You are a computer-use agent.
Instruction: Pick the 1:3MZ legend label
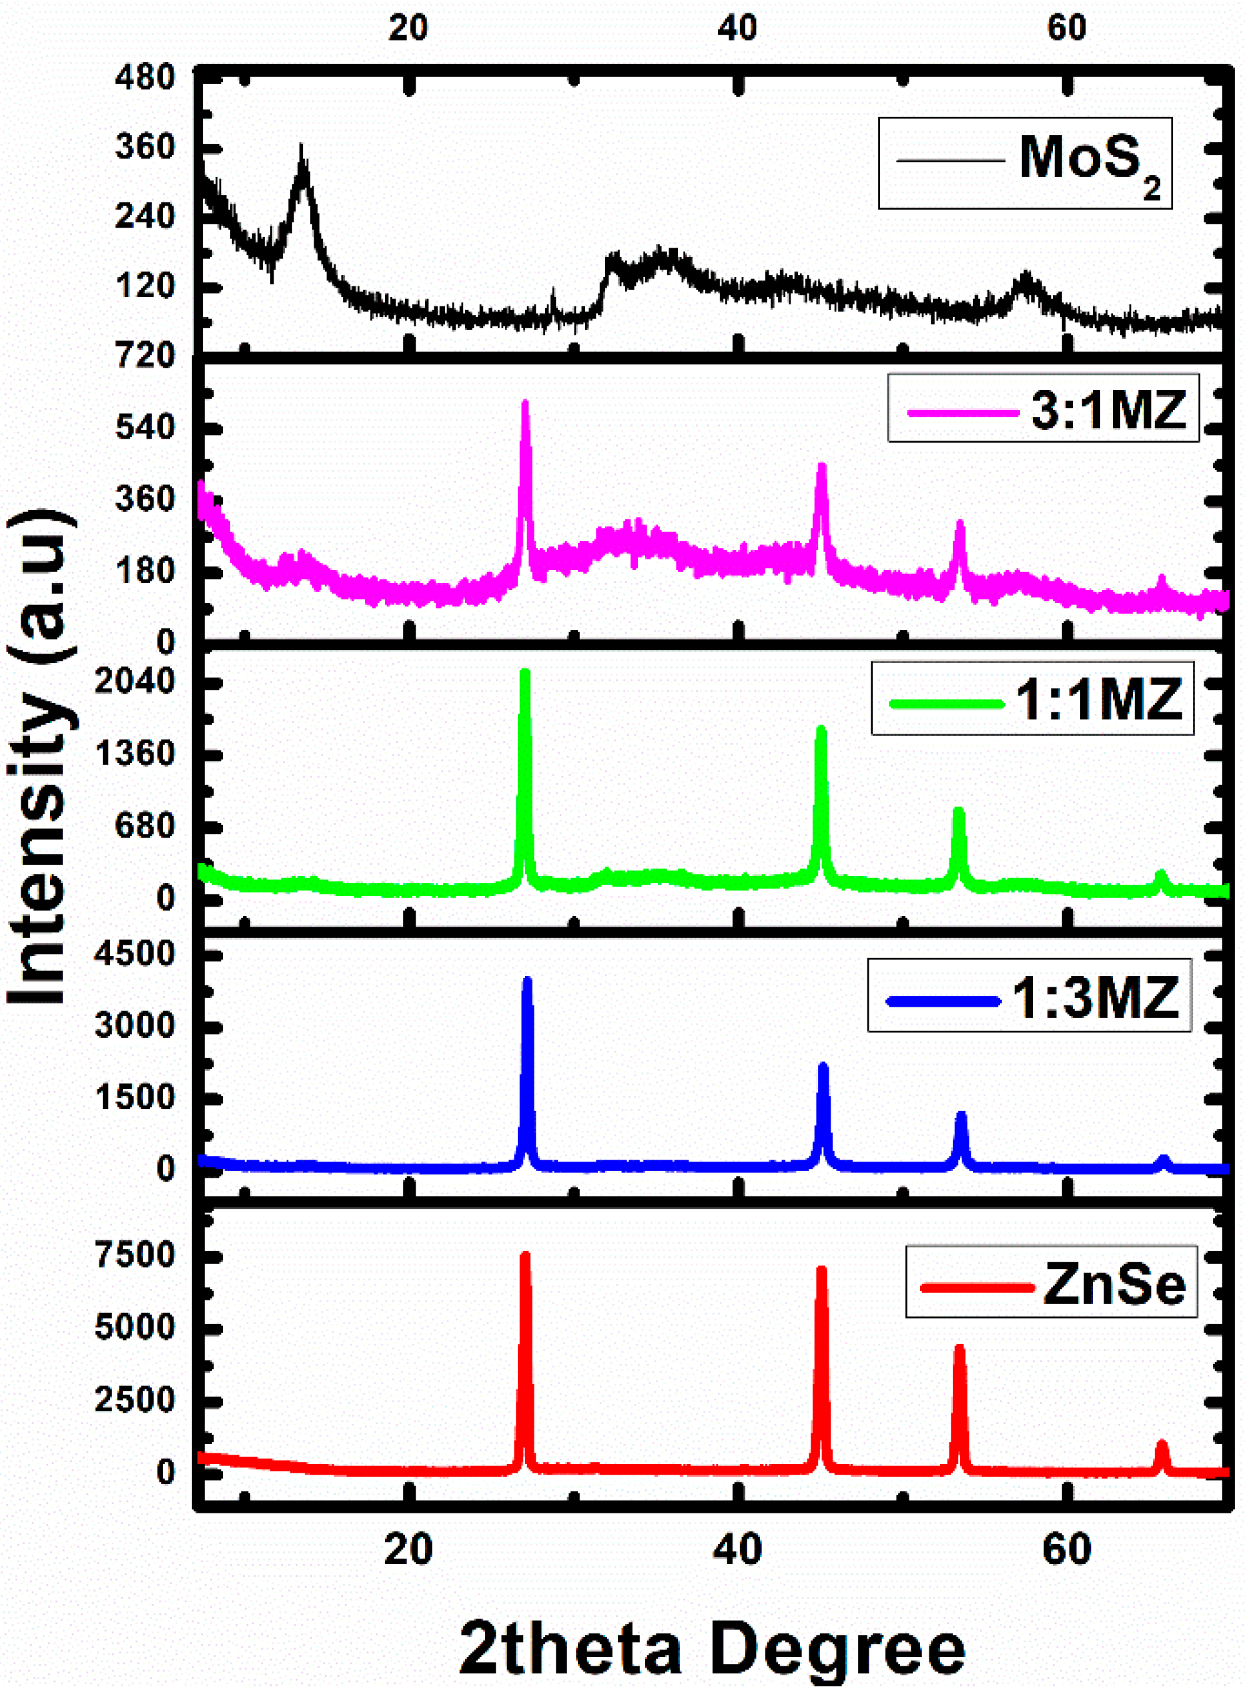click(x=1095, y=997)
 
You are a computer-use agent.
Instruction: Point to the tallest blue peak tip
click(x=527, y=980)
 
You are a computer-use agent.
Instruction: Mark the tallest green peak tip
click(x=525, y=672)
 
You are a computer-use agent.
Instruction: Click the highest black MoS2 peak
click(x=302, y=147)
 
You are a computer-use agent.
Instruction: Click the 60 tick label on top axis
click(x=1066, y=29)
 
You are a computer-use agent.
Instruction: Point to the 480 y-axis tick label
click(x=145, y=77)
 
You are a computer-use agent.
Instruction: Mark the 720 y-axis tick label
click(x=145, y=355)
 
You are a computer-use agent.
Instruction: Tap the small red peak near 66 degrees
click(x=1162, y=1444)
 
